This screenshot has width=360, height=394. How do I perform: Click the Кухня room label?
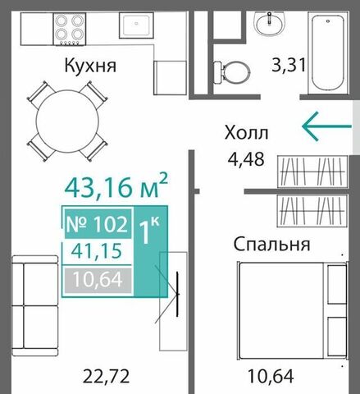coord(90,66)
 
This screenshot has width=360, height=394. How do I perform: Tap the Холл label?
coord(246,133)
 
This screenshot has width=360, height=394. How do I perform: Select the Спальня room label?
coord(271,244)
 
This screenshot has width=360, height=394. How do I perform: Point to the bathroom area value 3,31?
coord(288,65)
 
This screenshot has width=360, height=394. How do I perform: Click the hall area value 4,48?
coord(246,159)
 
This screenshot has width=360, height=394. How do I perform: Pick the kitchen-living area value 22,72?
coord(106,377)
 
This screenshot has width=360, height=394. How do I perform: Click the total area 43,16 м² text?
coord(116,186)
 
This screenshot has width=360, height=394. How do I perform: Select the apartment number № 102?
coord(98,224)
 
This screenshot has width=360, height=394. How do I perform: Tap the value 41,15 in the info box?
coord(97,251)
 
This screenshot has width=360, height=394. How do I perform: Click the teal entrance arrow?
coord(326,126)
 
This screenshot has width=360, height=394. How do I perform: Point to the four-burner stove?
coord(70,29)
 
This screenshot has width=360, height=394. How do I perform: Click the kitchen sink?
coord(136,25)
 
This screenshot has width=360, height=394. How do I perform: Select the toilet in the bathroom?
coord(232,72)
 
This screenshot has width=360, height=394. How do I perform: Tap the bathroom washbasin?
coord(270,24)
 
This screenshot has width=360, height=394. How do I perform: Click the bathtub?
coord(328,53)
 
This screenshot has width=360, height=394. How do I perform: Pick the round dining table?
coord(67,121)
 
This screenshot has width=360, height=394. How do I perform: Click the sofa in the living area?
coord(35,305)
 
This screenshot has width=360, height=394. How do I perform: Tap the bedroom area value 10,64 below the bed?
coord(271,377)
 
